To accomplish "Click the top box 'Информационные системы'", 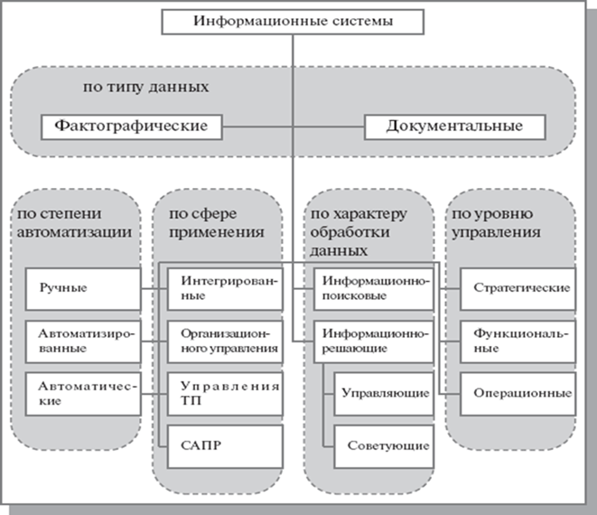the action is (293, 22).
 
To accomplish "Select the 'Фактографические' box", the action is (131, 127).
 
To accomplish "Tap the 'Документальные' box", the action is (455, 127).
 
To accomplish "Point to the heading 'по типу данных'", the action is (145, 87).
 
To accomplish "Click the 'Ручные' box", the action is (83, 289).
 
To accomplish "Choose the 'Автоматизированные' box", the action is (83, 342).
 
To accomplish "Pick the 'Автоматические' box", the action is (83, 394).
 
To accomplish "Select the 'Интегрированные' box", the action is (225, 289).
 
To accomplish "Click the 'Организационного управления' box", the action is (225, 342).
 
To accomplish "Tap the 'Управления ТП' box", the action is (225, 394).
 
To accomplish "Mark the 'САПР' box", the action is (225, 447).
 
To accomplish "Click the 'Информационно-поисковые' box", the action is (374, 289).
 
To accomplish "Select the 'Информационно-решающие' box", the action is (374, 342).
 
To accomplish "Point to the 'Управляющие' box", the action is (384, 394).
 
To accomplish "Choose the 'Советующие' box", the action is (384, 447).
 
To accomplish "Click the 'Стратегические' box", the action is (518, 289).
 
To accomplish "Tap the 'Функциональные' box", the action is (518, 342).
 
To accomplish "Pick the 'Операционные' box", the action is (518, 394).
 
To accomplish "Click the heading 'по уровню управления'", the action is (496, 223).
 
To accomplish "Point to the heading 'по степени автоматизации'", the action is (74, 223).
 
